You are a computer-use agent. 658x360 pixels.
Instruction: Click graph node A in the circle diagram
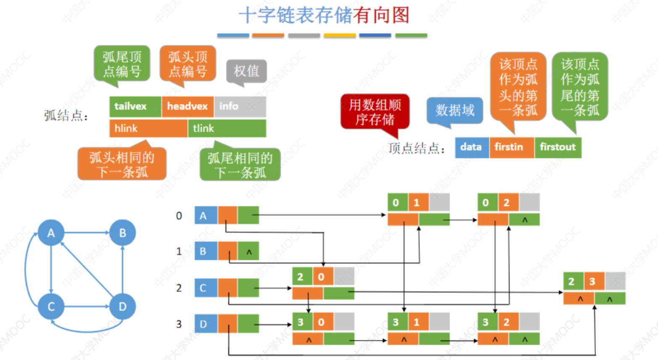tap(51, 233)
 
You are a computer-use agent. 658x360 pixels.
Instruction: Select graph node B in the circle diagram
tap(122, 233)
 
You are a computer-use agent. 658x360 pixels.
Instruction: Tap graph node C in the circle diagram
tap(51, 306)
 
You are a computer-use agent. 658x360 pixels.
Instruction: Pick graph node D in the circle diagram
tap(122, 306)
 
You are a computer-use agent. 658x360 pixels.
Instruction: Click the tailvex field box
tap(135, 106)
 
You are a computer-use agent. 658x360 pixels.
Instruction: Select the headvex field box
tap(188, 106)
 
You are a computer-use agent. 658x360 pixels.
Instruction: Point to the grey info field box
tap(240, 106)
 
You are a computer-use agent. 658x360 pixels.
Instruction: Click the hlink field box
tap(148, 128)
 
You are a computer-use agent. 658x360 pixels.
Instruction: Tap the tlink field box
tap(227, 128)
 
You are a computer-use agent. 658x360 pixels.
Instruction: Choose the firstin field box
tap(512, 147)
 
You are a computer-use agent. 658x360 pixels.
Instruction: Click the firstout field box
tap(558, 147)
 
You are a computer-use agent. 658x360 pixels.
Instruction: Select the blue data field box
tap(472, 147)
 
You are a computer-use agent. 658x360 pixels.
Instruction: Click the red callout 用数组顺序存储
tap(375, 112)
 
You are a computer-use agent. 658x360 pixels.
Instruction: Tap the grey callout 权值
tap(246, 71)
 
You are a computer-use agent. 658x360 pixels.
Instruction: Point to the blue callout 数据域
tap(455, 110)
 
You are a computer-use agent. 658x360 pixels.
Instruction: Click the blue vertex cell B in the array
tap(206, 251)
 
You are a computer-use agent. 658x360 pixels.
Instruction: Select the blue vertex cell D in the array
tap(206, 324)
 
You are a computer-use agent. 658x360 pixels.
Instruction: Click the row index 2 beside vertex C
tap(179, 288)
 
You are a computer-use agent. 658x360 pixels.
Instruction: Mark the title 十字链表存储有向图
tap(324, 16)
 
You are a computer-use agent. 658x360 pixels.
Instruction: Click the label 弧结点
tap(66, 115)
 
